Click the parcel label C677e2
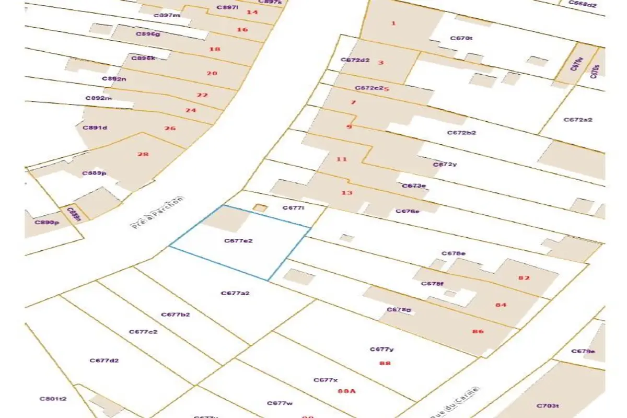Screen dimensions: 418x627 coord(238,241)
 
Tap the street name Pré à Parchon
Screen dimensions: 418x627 coord(157,213)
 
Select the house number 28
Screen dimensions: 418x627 coord(143,154)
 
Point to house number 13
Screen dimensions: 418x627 coord(346,193)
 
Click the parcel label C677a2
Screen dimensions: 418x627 coord(235,293)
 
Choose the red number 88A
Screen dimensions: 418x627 coord(346,391)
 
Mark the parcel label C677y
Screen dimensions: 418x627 coord(381,350)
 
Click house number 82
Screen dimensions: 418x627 coord(524,278)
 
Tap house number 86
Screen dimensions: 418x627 coord(478,331)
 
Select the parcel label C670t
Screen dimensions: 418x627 coord(461,38)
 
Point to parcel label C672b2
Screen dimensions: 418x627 coord(461,133)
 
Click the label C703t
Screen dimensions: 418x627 coord(548,405)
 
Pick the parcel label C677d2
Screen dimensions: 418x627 coord(104,361)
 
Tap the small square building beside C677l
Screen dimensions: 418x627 coord(260,208)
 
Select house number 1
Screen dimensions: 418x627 coord(393,23)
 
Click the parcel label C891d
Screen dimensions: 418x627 coord(95,127)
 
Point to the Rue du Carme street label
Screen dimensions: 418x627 coord(456,402)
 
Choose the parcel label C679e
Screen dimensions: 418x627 coord(583,351)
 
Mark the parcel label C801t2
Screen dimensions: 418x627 coord(53,399)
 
